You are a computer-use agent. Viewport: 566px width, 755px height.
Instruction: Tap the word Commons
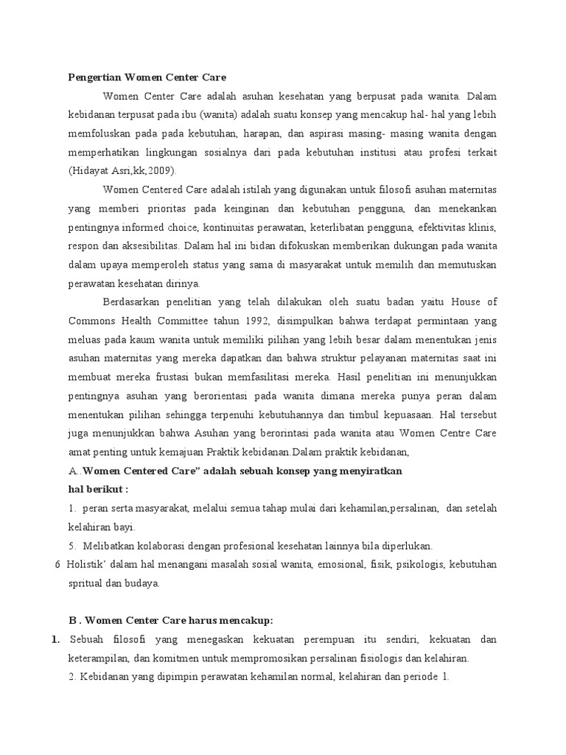click(95, 319)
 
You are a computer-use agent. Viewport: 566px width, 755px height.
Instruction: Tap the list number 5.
click(71, 546)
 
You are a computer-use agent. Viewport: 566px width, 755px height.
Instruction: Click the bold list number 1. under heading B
click(56, 639)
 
